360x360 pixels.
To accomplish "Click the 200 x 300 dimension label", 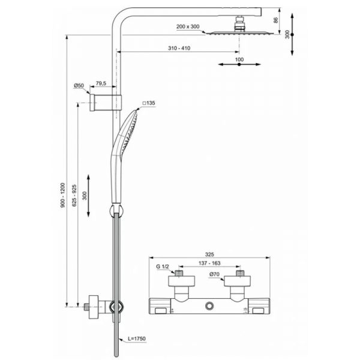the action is click(188, 27).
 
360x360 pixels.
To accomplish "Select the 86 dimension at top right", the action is click(275, 20).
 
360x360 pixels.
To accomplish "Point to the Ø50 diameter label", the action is click(79, 86).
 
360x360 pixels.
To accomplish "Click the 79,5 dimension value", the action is click(101, 83).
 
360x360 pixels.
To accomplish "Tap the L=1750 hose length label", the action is click(137, 339).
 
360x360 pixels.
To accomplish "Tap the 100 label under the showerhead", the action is click(239, 59).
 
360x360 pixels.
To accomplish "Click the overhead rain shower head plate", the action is click(240, 34).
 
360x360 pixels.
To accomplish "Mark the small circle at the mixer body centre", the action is click(208, 307).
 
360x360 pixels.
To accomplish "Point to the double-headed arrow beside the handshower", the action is click(89, 196).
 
